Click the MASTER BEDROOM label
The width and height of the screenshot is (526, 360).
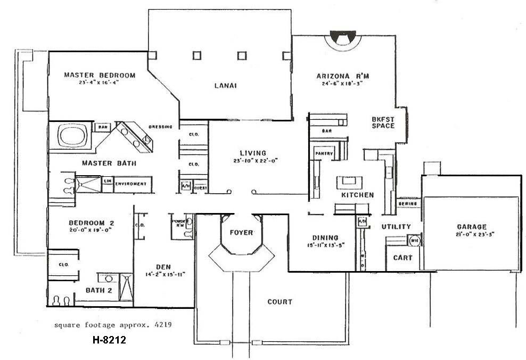[100, 75]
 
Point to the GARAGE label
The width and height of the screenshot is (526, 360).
[471, 226]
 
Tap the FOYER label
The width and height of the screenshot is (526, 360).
[241, 233]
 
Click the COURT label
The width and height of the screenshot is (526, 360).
[280, 302]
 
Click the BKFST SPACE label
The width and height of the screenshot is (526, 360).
[383, 122]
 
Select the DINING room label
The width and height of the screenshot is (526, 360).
[325, 238]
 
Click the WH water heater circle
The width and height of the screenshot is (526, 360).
[414, 241]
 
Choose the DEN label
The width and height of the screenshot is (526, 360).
[163, 267]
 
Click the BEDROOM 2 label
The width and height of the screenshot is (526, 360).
[91, 223]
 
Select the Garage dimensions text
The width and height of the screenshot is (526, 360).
[471, 234]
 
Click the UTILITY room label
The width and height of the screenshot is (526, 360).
[396, 227]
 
